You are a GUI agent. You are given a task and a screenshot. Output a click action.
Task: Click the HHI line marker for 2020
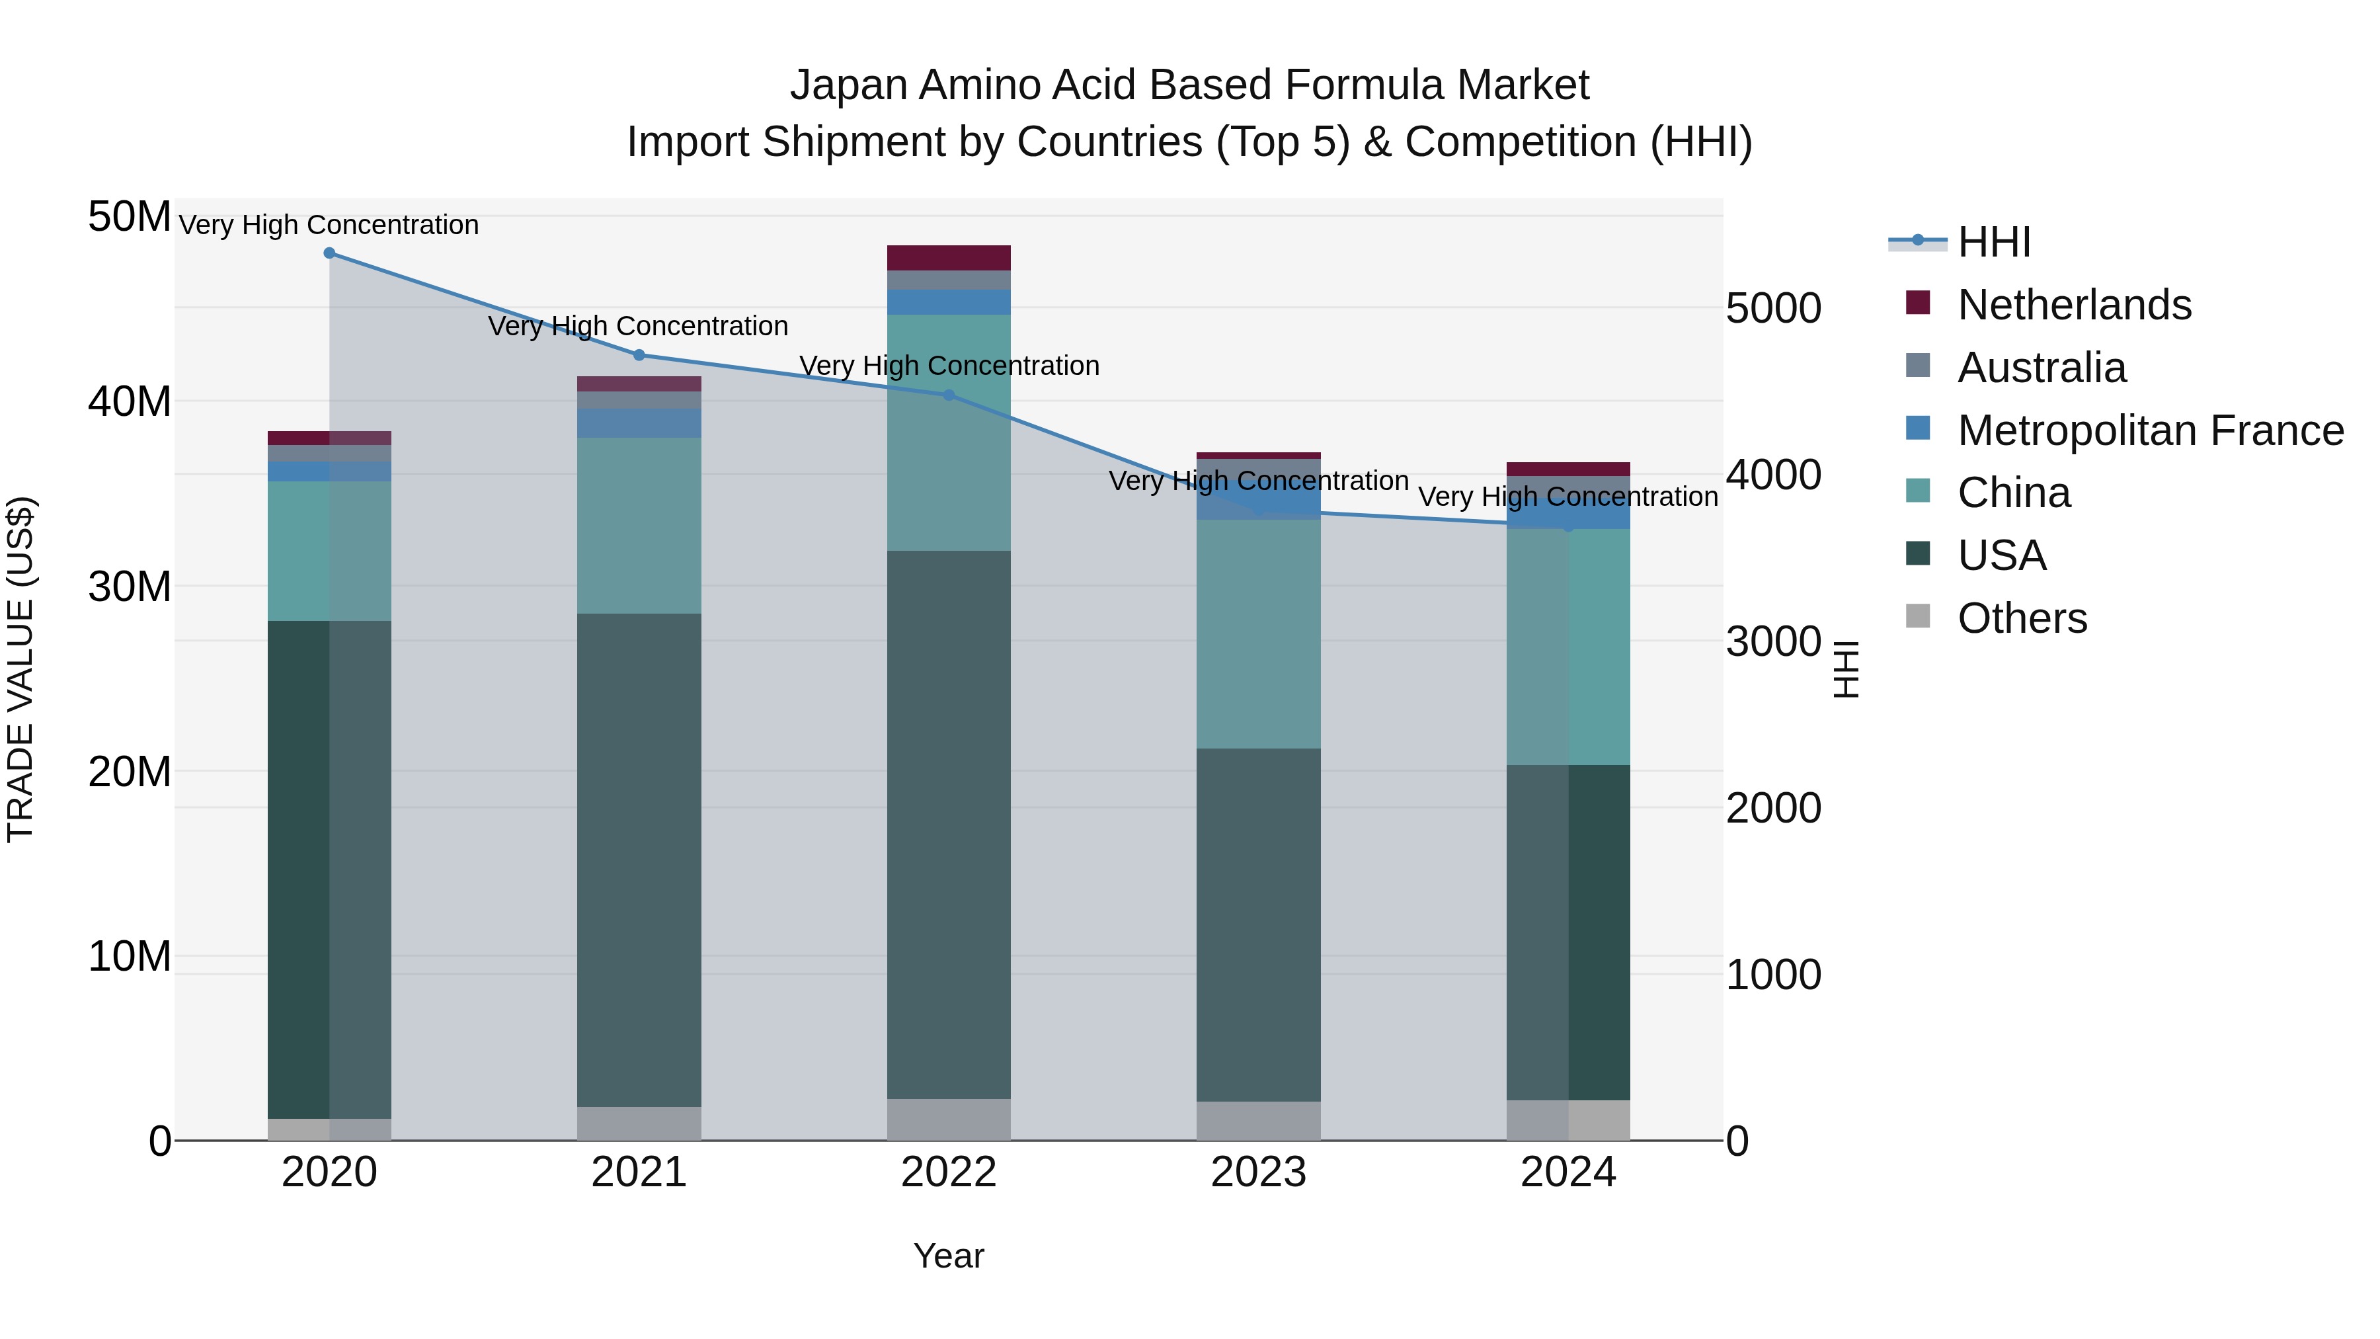(x=329, y=253)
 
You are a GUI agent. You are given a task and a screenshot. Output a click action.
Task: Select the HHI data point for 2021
(x=639, y=355)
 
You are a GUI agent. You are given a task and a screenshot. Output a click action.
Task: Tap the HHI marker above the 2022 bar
(x=948, y=395)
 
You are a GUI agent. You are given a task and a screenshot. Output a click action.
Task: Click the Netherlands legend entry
(x=2073, y=305)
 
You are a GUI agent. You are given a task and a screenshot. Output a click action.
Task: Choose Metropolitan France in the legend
(x=2150, y=430)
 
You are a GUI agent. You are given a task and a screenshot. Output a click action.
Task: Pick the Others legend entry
(x=2022, y=618)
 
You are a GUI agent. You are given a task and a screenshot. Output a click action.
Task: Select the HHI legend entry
(x=1994, y=242)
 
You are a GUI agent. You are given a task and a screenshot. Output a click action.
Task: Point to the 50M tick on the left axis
(x=130, y=217)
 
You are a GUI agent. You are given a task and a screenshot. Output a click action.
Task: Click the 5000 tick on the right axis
(x=1773, y=309)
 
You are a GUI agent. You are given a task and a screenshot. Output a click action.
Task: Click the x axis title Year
(x=948, y=1257)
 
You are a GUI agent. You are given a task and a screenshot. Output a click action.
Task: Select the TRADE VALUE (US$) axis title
(x=20, y=669)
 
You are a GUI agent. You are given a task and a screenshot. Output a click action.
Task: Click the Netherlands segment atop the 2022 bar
(x=948, y=258)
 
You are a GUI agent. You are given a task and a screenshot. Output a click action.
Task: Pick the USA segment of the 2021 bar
(x=639, y=860)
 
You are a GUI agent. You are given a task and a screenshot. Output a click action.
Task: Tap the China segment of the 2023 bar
(x=1257, y=634)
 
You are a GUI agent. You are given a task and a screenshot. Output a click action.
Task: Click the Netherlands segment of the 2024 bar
(x=1568, y=469)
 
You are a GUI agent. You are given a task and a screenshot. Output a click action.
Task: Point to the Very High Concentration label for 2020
(x=329, y=225)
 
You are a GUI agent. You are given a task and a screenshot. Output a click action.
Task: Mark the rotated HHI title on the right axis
(x=1845, y=669)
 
